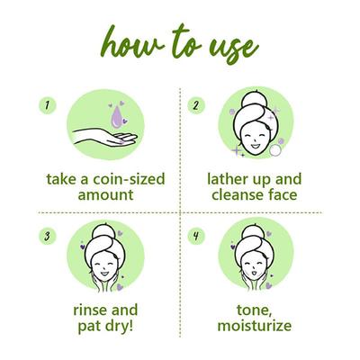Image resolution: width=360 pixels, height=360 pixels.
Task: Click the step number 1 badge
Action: pos(48,105)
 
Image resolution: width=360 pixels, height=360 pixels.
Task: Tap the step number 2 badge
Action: pos(196,105)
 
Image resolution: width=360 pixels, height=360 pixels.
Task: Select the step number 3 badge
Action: pos(48,236)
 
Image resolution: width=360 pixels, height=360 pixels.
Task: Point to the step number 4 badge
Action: pos(196,236)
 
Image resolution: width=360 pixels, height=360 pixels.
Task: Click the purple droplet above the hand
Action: pos(117,117)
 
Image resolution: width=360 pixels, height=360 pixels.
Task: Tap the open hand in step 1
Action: pos(105,137)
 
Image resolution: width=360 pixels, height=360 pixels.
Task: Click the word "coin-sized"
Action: pos(129,179)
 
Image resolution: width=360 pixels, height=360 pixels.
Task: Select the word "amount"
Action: pos(105,195)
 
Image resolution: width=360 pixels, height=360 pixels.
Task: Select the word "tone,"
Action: pos(255,310)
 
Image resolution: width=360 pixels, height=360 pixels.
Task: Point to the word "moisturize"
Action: pos(255,326)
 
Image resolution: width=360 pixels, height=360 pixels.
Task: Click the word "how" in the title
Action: pos(133,43)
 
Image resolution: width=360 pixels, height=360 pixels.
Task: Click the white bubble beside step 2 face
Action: pos(275,150)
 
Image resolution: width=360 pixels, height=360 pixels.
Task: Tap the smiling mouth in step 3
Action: pos(104,274)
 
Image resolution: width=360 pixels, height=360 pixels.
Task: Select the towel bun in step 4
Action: pos(255,232)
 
